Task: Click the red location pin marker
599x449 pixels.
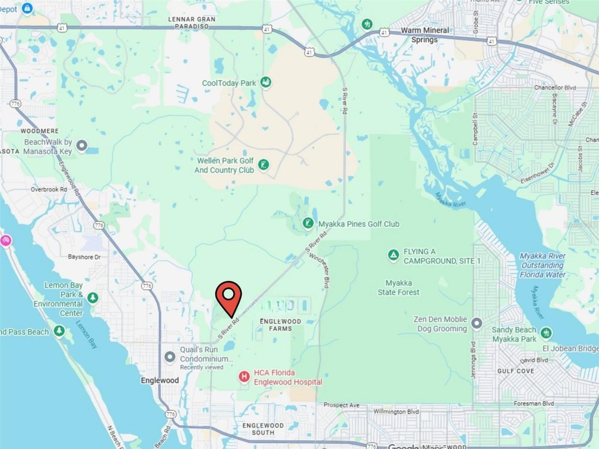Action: pos(228,297)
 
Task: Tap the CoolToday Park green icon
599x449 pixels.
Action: pos(266,83)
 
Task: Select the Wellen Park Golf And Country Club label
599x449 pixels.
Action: pos(224,165)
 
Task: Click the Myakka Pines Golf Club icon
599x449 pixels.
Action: pos(308,224)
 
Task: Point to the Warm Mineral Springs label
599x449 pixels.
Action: pos(424,35)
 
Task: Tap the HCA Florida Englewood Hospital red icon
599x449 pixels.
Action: pos(244,377)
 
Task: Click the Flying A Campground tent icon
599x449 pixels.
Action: pos(393,255)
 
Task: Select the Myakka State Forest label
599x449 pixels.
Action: pos(399,288)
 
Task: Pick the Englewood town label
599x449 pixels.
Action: pos(160,380)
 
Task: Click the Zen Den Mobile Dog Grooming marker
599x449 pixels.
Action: pos(476,323)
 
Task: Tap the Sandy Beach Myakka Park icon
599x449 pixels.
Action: pos(546,333)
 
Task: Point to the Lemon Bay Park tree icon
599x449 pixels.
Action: pos(93,297)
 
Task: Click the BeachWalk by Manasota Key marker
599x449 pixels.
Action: pos(82,146)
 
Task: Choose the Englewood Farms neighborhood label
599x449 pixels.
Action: pos(280,325)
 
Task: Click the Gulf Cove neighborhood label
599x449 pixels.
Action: pos(516,371)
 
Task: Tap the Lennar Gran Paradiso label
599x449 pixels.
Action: pos(192,22)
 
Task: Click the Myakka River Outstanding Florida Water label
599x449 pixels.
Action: pos(542,265)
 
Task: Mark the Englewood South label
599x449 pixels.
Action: pos(263,429)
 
